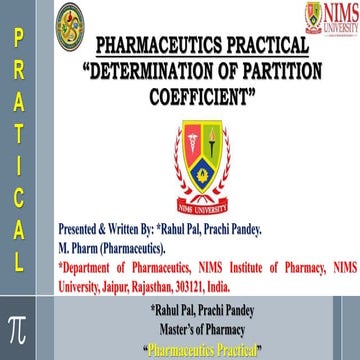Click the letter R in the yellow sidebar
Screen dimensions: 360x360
point(18,73)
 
